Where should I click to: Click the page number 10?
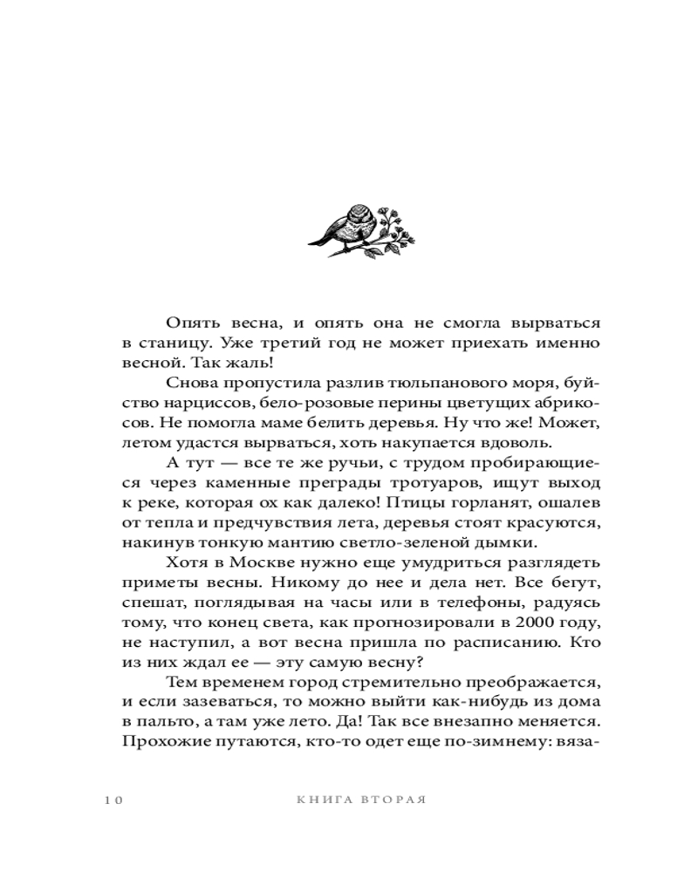tap(113, 800)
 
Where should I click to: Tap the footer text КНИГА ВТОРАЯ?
tap(360, 800)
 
